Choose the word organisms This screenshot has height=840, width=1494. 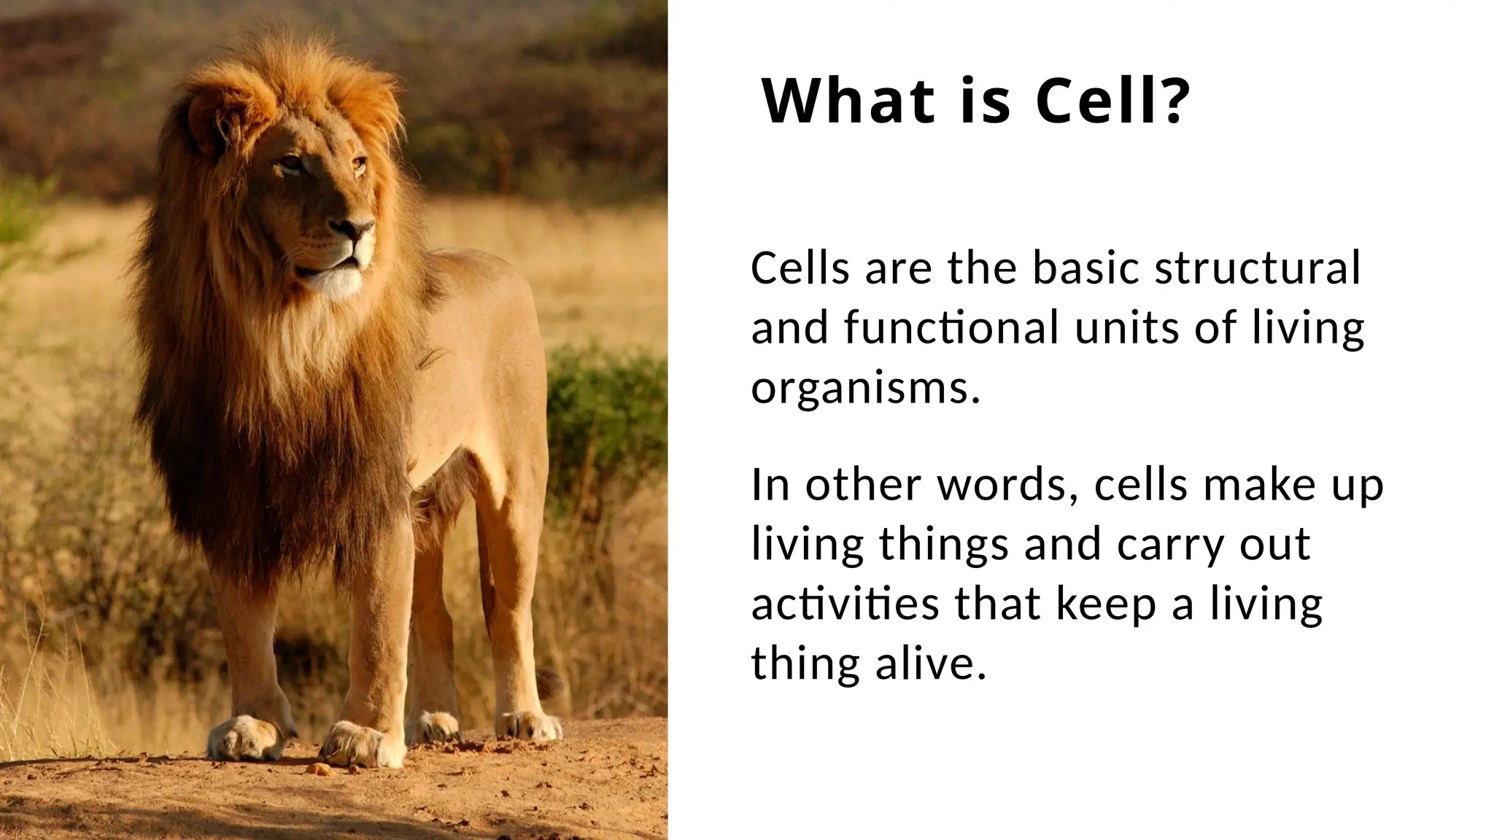tap(864, 389)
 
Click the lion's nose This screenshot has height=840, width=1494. tap(360, 232)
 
